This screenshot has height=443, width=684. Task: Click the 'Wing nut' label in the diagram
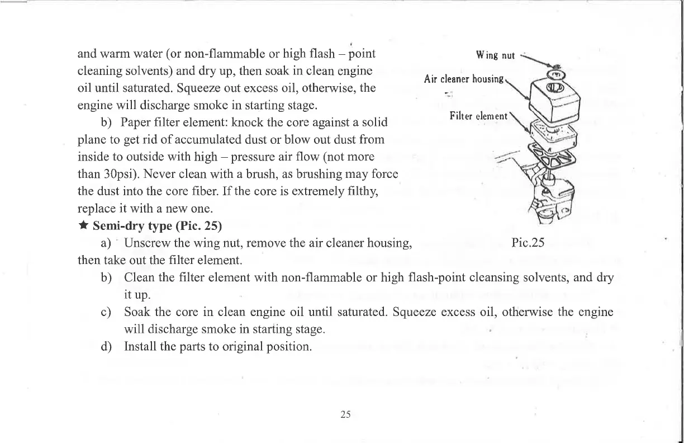tap(495, 55)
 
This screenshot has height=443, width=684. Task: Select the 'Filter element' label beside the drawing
tap(478, 116)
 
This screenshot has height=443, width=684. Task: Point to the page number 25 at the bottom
tap(345, 414)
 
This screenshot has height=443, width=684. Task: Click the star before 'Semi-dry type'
tap(83, 226)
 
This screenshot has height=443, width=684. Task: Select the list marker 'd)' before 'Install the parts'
tap(106, 346)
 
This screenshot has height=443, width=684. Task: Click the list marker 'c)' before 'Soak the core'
tap(106, 312)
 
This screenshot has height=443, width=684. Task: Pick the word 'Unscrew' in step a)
tap(147, 243)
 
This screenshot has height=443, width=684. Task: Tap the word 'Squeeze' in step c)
tap(413, 312)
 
